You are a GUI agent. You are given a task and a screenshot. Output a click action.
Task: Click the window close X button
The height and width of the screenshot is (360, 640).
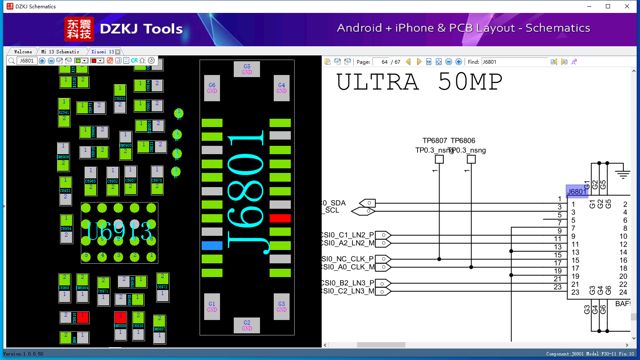pos(627,6)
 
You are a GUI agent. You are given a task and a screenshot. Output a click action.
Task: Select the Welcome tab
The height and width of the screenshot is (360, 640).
pos(23,52)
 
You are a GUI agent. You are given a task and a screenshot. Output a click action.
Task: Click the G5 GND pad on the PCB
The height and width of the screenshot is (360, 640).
pos(247,69)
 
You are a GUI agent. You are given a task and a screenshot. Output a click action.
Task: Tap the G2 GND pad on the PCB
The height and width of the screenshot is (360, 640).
pos(247,325)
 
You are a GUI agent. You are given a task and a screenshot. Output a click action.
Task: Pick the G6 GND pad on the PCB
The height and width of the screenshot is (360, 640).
pos(212,88)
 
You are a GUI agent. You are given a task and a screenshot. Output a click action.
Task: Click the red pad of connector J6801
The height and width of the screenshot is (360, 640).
pos(280,218)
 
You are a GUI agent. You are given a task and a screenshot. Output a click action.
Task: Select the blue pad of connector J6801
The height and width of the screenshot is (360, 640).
pos(212,245)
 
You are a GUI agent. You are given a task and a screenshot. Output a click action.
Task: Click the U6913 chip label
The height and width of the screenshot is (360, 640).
pos(119,231)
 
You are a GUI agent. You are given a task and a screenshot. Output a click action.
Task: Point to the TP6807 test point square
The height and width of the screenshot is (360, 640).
pos(439,159)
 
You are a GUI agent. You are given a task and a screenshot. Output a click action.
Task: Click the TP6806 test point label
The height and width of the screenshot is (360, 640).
pos(463,141)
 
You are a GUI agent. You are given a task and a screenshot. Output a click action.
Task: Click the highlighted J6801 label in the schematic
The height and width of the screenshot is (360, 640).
pos(577,192)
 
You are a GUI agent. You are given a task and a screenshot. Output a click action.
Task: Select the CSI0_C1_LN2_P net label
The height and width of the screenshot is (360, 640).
pos(347,235)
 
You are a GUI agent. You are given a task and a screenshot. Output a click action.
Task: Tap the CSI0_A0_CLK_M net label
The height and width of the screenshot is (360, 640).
pos(347,267)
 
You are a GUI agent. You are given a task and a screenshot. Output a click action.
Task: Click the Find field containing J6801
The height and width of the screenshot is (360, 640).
pos(515,62)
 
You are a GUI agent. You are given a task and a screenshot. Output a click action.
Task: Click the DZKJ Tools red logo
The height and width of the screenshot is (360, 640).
pos(79,29)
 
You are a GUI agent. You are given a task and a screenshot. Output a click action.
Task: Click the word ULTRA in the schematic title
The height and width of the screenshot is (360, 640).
pos(377,82)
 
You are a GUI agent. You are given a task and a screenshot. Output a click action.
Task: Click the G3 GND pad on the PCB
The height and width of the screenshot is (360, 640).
pos(282,306)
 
